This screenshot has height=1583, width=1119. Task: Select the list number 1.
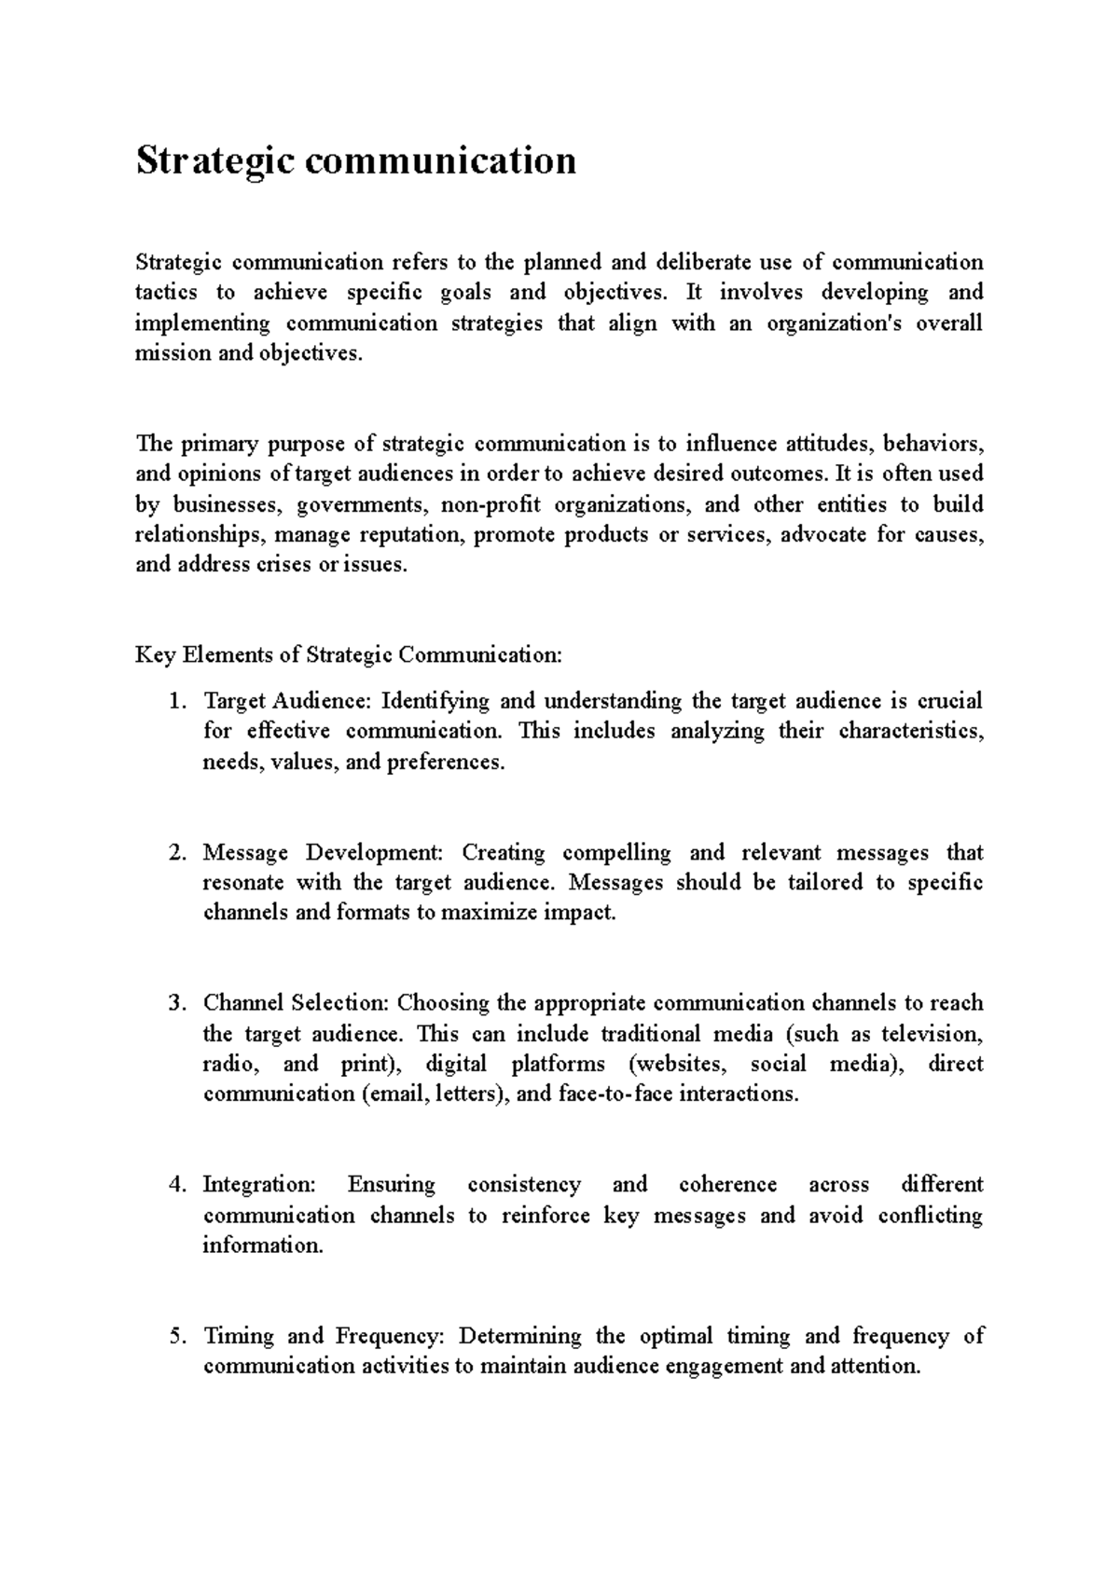pyautogui.click(x=177, y=701)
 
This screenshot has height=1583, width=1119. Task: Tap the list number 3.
pyautogui.click(x=177, y=1004)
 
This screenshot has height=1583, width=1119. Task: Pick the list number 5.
pyautogui.click(x=177, y=1337)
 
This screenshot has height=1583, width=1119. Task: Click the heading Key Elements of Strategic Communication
pyautogui.click(x=349, y=655)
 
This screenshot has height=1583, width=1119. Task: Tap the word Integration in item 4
pyautogui.click(x=259, y=1186)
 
